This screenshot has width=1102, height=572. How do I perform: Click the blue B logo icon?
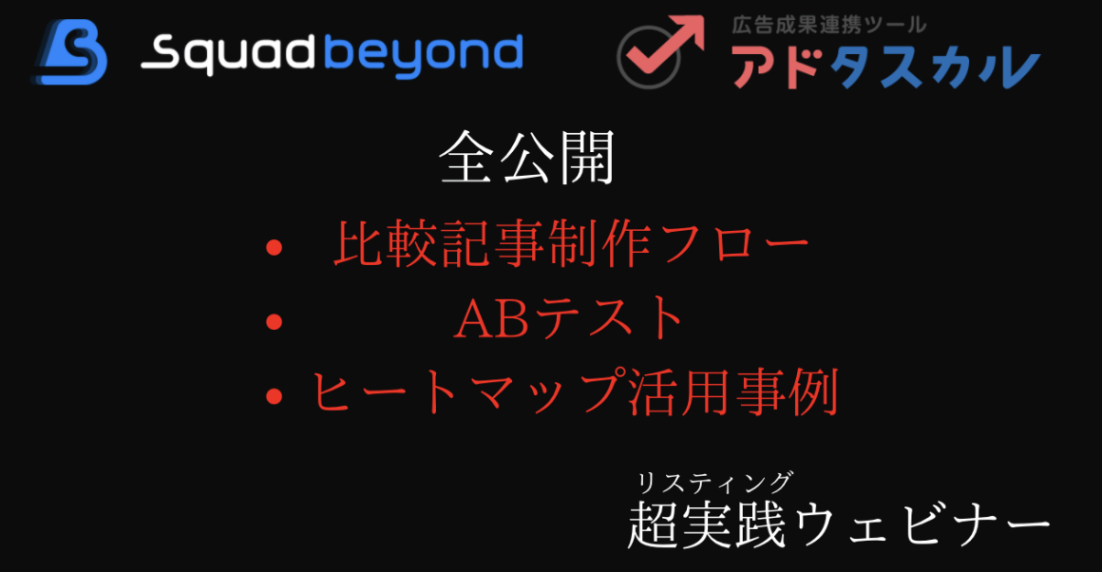point(69,52)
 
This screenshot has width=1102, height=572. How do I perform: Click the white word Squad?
point(228,55)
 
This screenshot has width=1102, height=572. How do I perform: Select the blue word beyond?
point(424,55)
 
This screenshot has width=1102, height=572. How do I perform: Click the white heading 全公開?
point(527,158)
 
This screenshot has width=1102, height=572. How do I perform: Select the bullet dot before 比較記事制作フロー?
point(275,247)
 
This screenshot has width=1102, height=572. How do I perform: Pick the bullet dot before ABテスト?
point(275,322)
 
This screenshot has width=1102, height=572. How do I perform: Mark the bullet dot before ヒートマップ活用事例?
point(275,396)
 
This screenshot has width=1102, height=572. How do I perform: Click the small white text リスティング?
point(714,483)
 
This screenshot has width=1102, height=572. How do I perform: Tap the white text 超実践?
point(707,524)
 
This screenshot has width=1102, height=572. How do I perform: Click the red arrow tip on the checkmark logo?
point(699,19)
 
